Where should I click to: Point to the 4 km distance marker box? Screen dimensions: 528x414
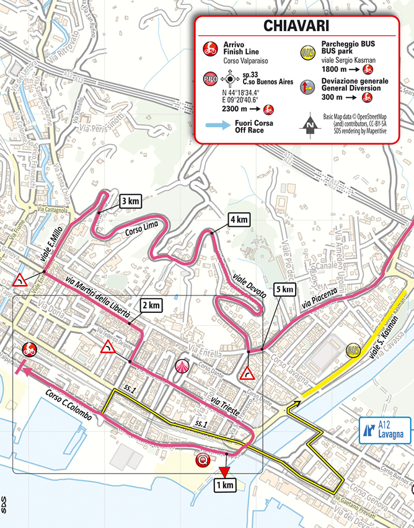coord(239,219)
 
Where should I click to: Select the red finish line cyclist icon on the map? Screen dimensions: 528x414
coord(29,349)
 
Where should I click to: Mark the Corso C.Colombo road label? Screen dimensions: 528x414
coord(69,407)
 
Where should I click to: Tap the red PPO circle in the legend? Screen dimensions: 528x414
coord(210,79)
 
